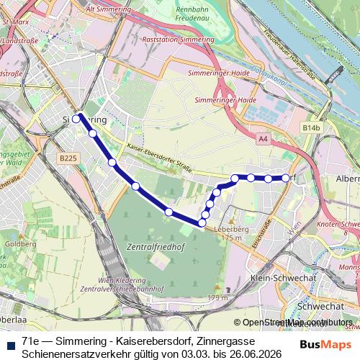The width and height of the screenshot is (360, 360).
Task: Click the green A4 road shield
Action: coord(263,138)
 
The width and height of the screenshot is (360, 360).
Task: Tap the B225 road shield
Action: coord(68,158)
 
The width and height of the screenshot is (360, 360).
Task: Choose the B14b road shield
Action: coord(311,127)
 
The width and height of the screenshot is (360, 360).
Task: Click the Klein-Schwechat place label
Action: coord(276,277)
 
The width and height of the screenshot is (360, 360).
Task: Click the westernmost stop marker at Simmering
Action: coord(76,119)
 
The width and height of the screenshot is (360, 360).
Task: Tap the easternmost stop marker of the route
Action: coord(286,177)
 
